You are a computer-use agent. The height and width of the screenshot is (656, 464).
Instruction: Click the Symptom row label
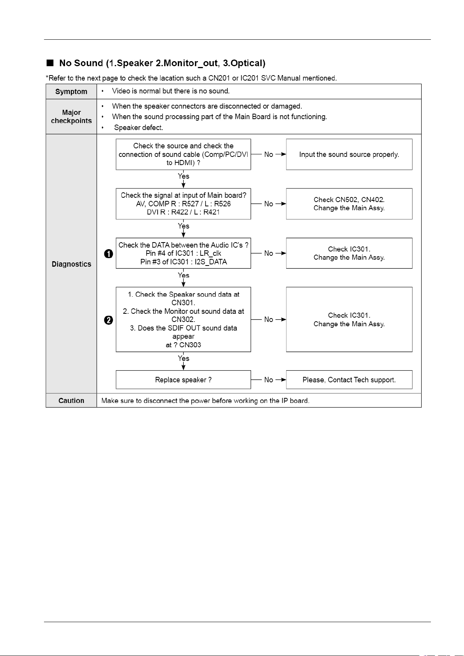(x=71, y=91)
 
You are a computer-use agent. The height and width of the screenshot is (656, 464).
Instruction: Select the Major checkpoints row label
(x=71, y=116)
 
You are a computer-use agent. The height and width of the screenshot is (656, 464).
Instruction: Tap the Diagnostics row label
(x=71, y=264)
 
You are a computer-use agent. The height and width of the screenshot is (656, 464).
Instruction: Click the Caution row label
(x=71, y=401)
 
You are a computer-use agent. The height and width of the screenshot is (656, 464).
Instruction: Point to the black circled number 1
(x=109, y=254)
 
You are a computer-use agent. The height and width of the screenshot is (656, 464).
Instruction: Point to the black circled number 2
(x=109, y=320)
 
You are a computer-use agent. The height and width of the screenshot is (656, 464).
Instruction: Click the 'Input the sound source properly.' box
(x=349, y=155)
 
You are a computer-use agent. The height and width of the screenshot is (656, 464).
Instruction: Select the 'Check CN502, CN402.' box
(x=349, y=204)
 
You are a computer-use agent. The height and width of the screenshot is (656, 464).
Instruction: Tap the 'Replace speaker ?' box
(x=183, y=380)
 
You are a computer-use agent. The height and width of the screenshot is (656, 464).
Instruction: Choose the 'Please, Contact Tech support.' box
(x=349, y=380)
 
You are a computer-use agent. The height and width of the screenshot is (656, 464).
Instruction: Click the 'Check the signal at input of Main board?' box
(x=183, y=204)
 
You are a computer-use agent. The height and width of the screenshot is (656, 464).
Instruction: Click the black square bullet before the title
(x=50, y=63)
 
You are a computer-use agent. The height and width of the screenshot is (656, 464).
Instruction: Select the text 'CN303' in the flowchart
(x=190, y=345)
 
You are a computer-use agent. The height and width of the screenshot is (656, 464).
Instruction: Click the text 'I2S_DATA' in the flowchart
(x=211, y=262)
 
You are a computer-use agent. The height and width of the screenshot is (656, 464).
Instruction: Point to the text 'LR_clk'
(x=210, y=253)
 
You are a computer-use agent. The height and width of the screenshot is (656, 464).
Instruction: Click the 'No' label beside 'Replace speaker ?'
(x=269, y=380)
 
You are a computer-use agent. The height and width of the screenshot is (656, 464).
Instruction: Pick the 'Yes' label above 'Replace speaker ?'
(x=183, y=358)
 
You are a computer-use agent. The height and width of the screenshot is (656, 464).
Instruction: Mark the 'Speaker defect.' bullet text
(x=139, y=128)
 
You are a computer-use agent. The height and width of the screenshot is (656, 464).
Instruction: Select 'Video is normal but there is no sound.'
(x=171, y=91)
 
